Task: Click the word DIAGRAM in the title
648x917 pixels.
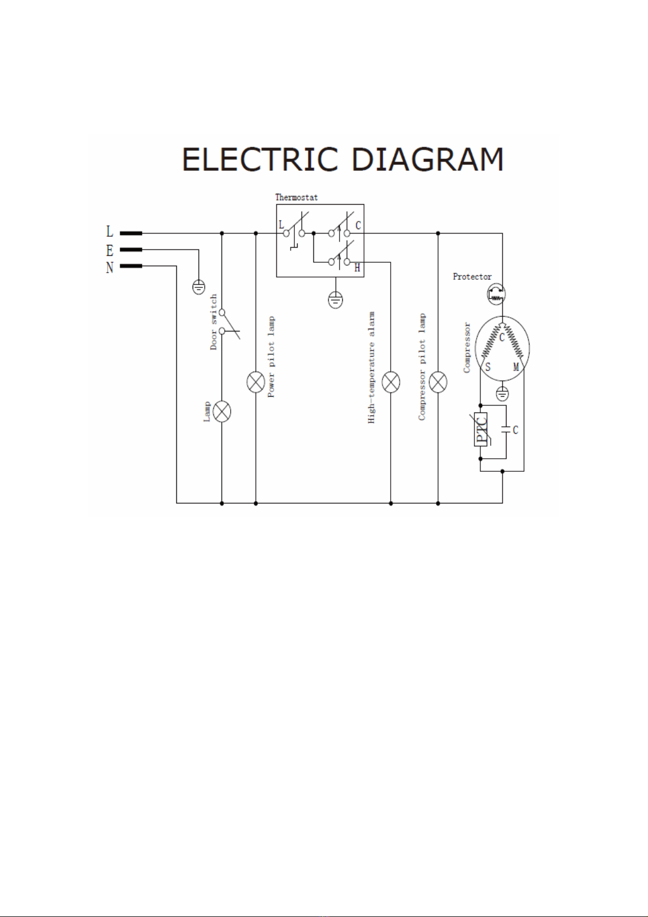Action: pyautogui.click(x=427, y=159)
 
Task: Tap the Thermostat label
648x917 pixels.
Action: pyautogui.click(x=297, y=197)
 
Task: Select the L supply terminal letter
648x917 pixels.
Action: pyautogui.click(x=109, y=232)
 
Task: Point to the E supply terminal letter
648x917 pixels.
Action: pyautogui.click(x=109, y=250)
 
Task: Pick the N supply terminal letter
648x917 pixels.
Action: pyautogui.click(x=109, y=268)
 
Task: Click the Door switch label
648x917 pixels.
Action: pyautogui.click(x=214, y=322)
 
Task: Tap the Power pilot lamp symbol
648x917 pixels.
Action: pyautogui.click(x=256, y=383)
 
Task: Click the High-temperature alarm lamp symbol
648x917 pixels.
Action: pyautogui.click(x=391, y=383)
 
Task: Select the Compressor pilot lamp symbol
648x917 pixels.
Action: pyautogui.click(x=438, y=383)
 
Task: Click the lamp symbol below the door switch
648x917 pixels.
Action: pyautogui.click(x=221, y=411)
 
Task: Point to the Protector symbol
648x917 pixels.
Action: pyautogui.click(x=496, y=294)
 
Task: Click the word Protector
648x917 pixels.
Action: pyautogui.click(x=472, y=276)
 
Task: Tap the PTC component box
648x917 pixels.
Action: pyautogui.click(x=481, y=429)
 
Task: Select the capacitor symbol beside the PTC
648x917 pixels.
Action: pyautogui.click(x=506, y=429)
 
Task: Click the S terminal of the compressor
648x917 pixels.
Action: pyautogui.click(x=488, y=367)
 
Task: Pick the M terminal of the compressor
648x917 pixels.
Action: pyautogui.click(x=516, y=367)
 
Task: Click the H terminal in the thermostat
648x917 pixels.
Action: pyautogui.click(x=357, y=268)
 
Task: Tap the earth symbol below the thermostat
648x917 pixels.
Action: pyautogui.click(x=336, y=299)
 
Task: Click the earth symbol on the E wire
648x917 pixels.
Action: pyautogui.click(x=199, y=286)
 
